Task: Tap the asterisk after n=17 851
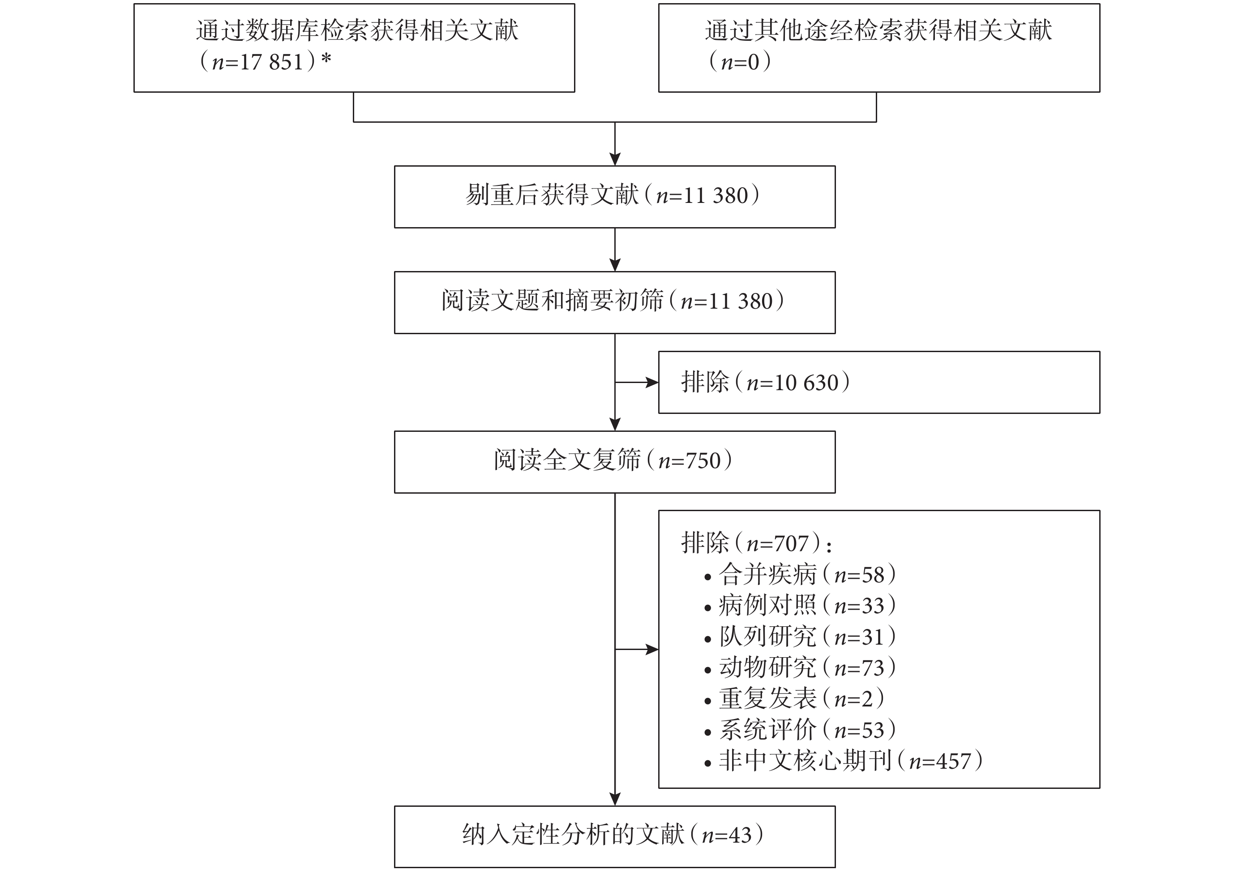tap(326, 59)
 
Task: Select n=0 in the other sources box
tap(740, 62)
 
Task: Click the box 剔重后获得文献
tap(615, 197)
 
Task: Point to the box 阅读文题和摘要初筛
tap(615, 302)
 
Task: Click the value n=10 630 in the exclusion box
tap(793, 383)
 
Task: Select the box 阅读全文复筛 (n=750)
tap(615, 462)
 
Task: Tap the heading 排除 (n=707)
tap(756, 542)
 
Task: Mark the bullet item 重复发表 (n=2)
tap(794, 698)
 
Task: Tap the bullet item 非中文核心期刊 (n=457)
tap(844, 761)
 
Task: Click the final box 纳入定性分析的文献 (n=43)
tap(615, 836)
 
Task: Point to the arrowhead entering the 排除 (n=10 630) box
tap(652, 383)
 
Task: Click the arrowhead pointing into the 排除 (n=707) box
tap(652, 650)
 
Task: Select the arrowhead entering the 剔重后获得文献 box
tap(615, 159)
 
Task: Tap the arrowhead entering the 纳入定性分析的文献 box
tap(615, 799)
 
